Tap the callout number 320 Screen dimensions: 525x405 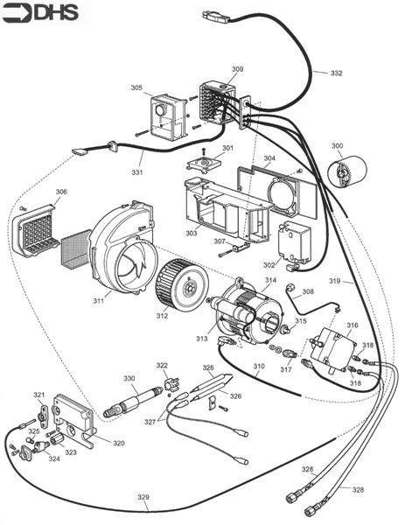[x=117, y=443]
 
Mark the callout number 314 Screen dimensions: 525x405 [x=270, y=280]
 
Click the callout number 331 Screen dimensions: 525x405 [x=137, y=159]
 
